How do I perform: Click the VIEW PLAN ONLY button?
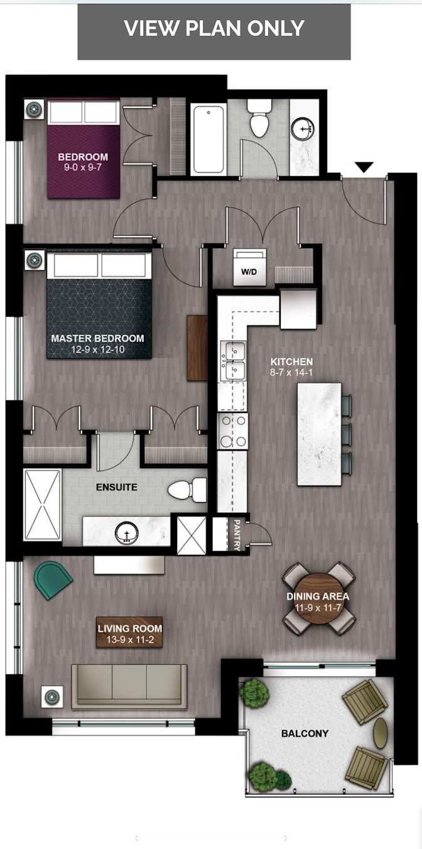point(214,29)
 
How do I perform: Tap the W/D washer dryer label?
point(249,272)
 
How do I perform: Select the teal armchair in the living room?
point(53,579)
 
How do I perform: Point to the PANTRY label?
point(237,534)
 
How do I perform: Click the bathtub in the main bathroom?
point(208,139)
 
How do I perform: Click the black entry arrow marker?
point(364,167)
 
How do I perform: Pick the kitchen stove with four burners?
point(232,430)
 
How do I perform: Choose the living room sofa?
point(129,686)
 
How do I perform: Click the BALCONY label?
point(305,733)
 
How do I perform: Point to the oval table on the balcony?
point(381,733)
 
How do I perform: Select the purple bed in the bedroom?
point(84,149)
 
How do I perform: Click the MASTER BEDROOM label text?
point(97,338)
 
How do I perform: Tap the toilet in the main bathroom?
point(259,120)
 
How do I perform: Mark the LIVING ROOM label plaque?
point(129,633)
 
